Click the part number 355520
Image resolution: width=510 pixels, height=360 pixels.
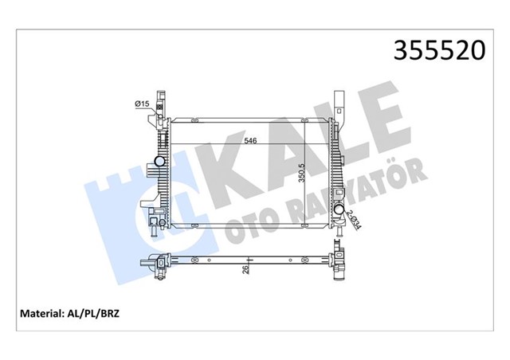click(437, 51)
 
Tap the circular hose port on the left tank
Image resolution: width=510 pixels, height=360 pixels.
click(160, 162)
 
